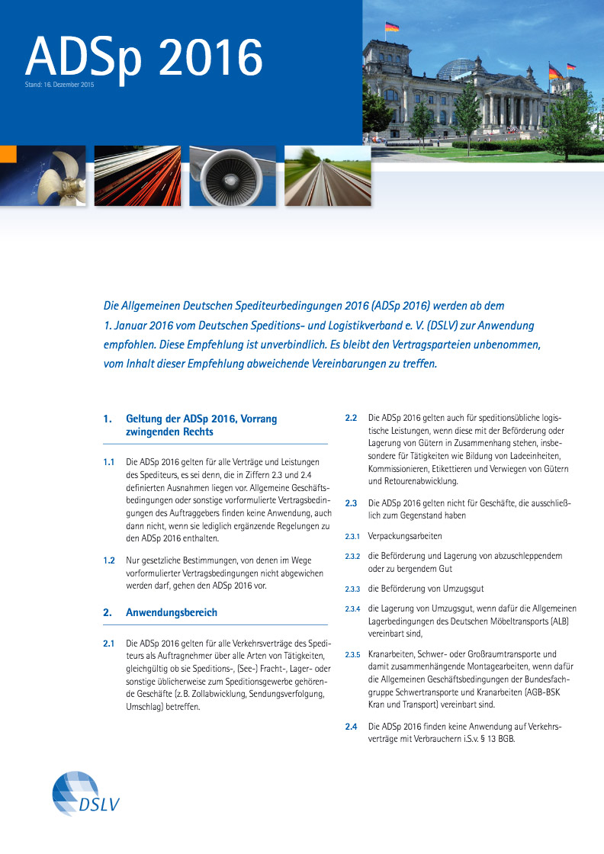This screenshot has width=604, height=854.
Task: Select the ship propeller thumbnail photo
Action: click(42, 176)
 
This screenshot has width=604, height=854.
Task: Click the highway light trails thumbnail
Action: click(137, 176)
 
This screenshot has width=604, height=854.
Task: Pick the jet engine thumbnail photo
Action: click(233, 176)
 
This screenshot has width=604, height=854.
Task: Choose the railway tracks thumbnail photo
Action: click(327, 176)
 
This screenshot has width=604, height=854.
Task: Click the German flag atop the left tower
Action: click(392, 27)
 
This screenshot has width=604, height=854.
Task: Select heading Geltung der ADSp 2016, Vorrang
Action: click(201, 419)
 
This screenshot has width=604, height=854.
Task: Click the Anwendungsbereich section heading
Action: click(171, 612)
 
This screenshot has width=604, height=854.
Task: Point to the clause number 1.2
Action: click(109, 560)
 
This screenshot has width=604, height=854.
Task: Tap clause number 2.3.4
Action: click(352, 608)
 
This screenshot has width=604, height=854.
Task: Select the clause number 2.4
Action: click(351, 726)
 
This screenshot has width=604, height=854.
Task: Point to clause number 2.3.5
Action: click(352, 655)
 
